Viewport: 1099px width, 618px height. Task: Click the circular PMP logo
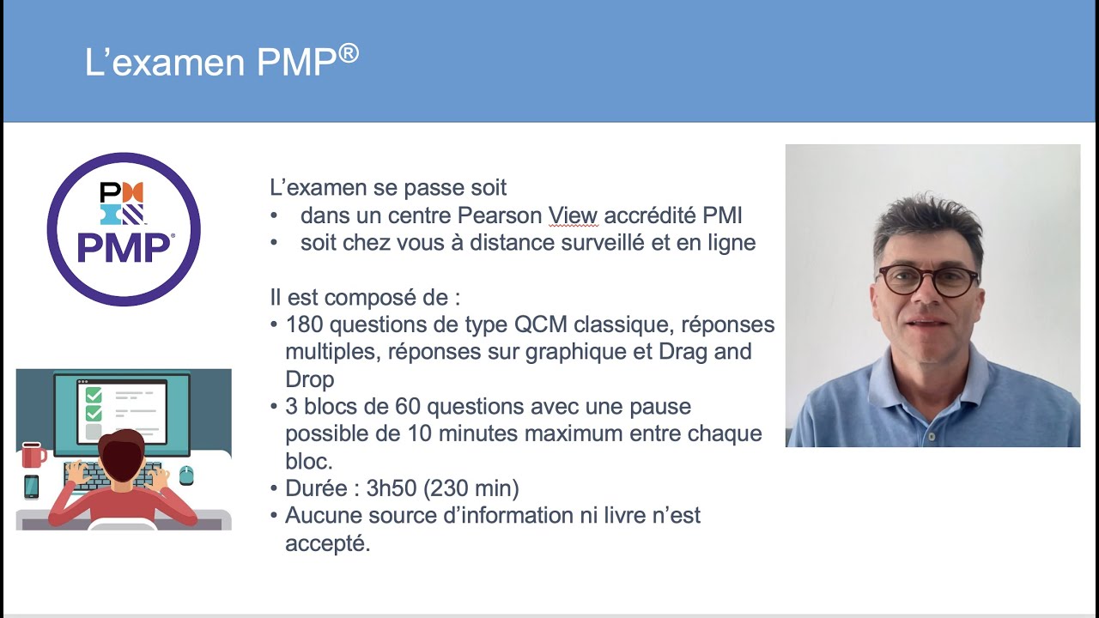click(124, 229)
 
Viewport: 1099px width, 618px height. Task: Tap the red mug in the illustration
click(33, 454)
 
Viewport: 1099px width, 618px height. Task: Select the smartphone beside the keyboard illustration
click(32, 487)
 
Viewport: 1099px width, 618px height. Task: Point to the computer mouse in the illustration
click(186, 476)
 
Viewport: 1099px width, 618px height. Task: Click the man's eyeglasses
click(927, 281)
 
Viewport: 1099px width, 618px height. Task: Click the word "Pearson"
click(500, 215)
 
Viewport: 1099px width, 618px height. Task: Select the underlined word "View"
click(573, 215)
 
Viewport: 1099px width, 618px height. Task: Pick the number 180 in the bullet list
click(305, 324)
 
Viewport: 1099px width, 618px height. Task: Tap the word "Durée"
click(315, 488)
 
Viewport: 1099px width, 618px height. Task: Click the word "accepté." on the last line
click(327, 543)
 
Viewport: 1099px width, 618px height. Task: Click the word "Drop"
click(310, 379)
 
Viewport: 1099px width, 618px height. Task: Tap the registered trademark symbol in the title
click(348, 54)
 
